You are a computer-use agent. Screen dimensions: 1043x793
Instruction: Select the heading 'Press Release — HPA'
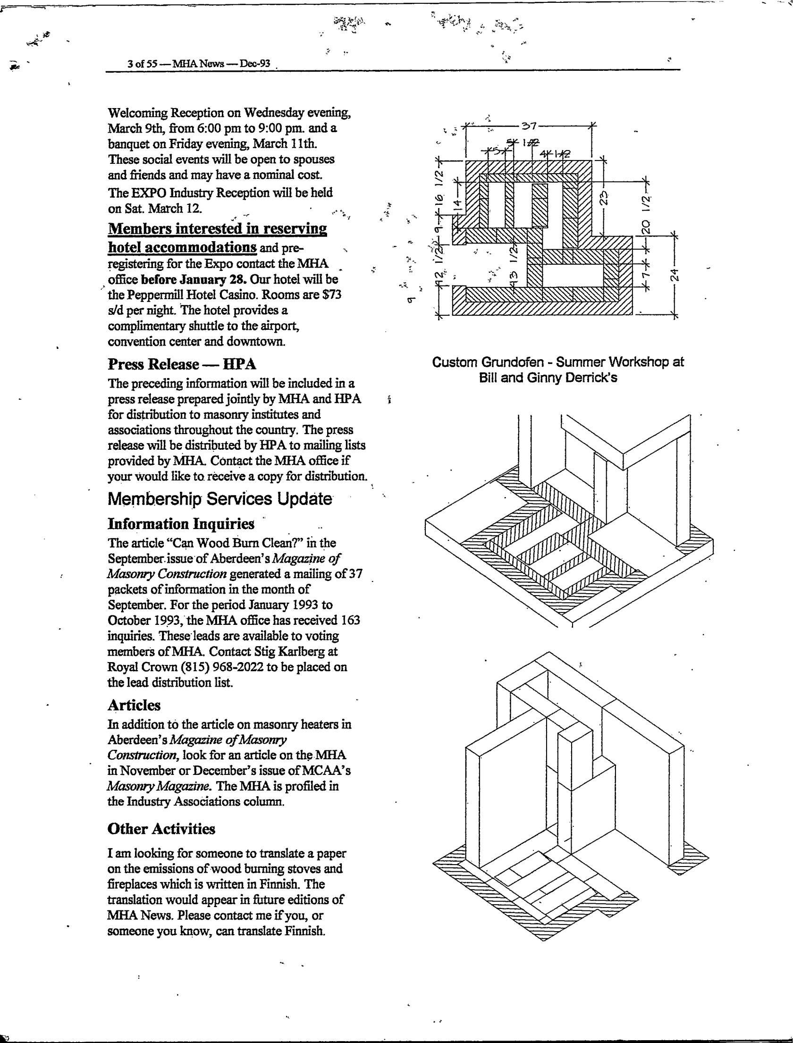click(x=182, y=364)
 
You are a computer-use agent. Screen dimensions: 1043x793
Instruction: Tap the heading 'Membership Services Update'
click(x=220, y=499)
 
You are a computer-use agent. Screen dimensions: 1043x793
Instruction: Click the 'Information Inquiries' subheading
click(x=181, y=524)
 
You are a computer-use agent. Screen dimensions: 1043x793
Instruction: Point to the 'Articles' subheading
click(x=134, y=705)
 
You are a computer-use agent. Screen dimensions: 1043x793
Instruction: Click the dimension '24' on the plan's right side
click(x=675, y=275)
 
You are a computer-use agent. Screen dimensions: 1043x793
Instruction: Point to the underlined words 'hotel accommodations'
click(x=183, y=247)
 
